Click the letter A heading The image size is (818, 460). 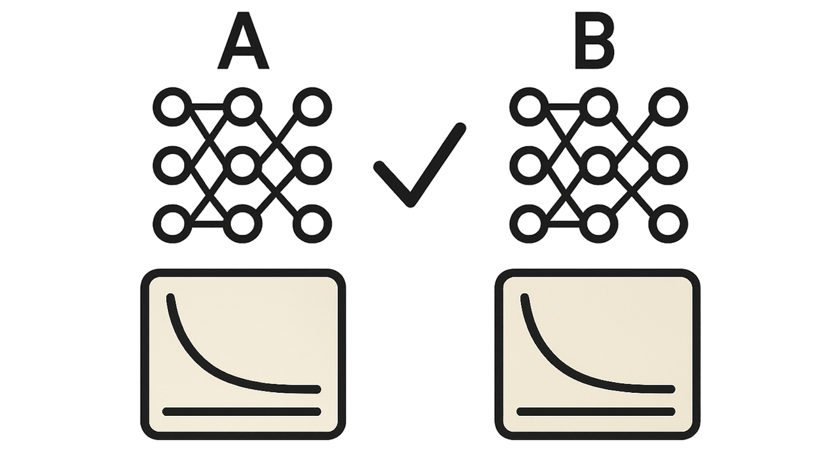coord(243,41)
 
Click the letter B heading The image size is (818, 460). coord(594,41)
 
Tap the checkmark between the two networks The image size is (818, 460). coord(420,165)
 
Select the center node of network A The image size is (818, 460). coord(242,165)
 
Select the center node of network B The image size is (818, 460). coord(599,165)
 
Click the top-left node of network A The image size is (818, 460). coord(172,107)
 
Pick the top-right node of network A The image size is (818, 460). coord(313,107)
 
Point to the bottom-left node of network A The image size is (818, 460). coord(172,224)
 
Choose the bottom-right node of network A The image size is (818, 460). coord(313,224)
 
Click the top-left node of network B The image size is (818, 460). coord(529,107)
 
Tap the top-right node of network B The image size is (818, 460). coord(668,107)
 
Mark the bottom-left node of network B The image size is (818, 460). coord(529,224)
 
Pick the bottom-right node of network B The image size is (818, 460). coord(668,224)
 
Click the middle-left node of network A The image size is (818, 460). coord(172,165)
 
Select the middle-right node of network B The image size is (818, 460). coord(668,165)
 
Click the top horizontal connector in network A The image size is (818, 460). coord(208,107)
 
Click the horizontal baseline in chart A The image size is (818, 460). coord(242,412)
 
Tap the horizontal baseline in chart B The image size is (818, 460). coord(596,412)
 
